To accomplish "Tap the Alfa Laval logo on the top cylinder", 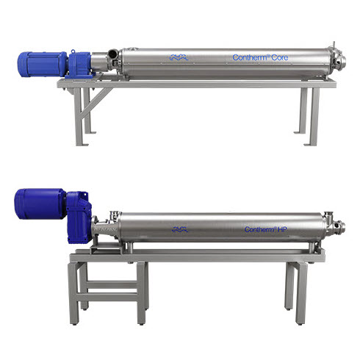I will (x=179, y=57).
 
